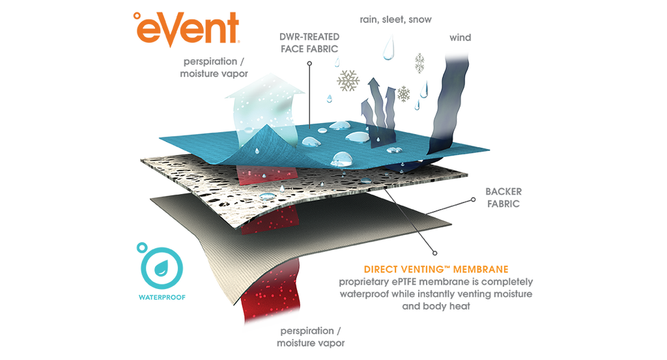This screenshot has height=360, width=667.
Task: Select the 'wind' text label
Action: (460, 38)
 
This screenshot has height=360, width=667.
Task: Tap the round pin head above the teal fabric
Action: (310, 63)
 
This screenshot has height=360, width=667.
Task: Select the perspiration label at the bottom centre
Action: (312, 337)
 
